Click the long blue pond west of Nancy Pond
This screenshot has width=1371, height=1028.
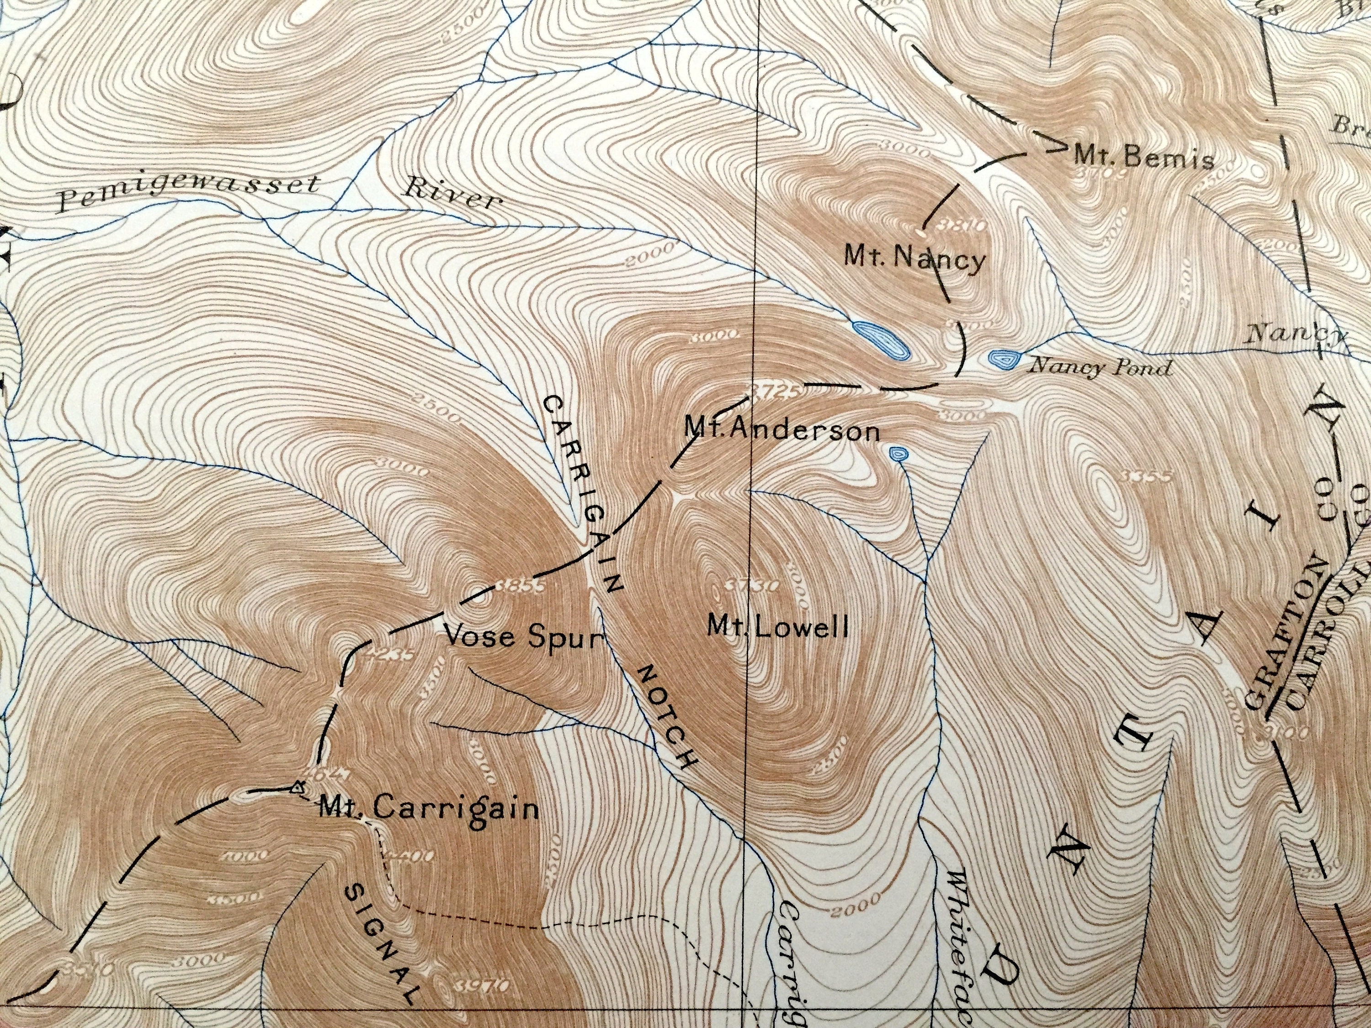(880, 339)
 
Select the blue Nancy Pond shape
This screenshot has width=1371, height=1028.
(1003, 360)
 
